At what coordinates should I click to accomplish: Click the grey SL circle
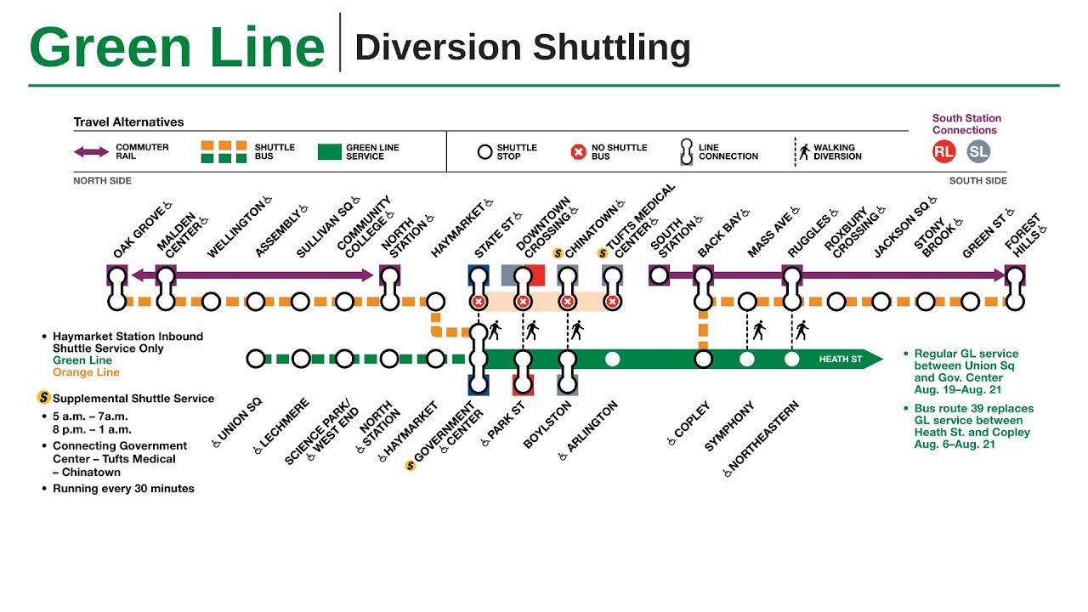pos(978,152)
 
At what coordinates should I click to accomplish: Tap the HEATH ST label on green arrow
pos(840,360)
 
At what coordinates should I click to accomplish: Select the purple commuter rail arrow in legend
pos(91,152)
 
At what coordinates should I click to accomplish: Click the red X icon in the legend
pos(578,152)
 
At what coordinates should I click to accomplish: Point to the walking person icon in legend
pos(803,151)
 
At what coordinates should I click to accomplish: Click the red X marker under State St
pos(479,302)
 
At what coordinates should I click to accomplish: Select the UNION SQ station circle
pos(256,359)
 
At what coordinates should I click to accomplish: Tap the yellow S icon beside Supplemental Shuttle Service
pos(43,398)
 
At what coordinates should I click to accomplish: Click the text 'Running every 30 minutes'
pos(123,489)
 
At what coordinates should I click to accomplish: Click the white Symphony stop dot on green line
pos(747,359)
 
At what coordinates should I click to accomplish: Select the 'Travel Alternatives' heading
pos(128,122)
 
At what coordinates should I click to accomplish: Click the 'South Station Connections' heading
pos(966,124)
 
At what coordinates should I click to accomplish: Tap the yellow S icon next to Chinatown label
pos(558,252)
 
